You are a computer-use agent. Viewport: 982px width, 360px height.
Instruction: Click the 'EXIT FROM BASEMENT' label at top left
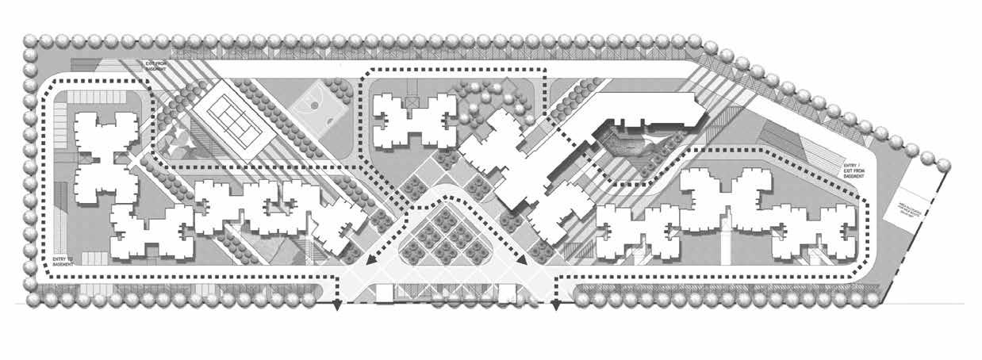[x=156, y=66]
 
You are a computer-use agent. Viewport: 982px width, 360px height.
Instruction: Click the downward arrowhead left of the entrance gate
[x=336, y=306]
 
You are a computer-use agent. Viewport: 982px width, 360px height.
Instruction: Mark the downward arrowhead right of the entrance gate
[x=555, y=306]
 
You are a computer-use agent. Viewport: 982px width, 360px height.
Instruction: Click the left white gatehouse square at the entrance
[x=384, y=292]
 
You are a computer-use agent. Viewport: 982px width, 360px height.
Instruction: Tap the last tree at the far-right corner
[x=944, y=164]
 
